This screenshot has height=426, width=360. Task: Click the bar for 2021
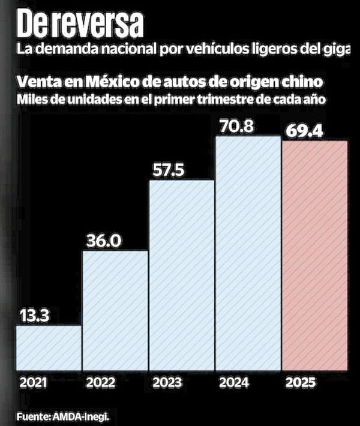[49, 349]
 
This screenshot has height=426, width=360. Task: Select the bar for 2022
[115, 311]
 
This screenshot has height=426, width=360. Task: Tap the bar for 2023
[181, 275]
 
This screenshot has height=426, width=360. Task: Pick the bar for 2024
[248, 254]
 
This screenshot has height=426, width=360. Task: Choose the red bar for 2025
[314, 257]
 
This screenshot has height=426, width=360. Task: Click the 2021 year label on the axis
[33, 382]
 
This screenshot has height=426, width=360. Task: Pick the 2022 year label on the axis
[100, 382]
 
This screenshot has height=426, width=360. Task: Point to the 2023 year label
[167, 382]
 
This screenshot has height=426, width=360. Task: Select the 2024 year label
[234, 382]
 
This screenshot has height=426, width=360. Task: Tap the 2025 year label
[300, 382]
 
